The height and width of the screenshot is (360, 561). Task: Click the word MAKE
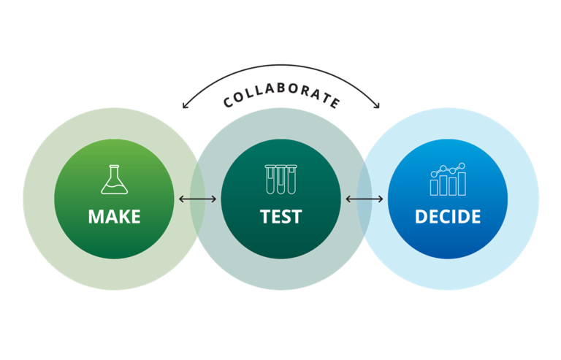click(x=114, y=217)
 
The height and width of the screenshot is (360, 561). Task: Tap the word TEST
click(x=280, y=217)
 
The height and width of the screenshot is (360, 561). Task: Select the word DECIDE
click(x=448, y=217)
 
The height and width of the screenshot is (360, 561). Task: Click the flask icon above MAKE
click(x=114, y=180)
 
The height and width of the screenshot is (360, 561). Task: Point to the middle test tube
click(x=280, y=180)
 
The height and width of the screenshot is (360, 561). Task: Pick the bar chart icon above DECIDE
click(x=448, y=180)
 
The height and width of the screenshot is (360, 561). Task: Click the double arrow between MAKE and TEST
click(x=197, y=199)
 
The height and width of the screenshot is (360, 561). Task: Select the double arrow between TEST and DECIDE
click(x=365, y=199)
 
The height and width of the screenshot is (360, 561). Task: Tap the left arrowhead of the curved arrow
click(x=185, y=104)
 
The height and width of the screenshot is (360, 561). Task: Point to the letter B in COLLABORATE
click(x=281, y=88)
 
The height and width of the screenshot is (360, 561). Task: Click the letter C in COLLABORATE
click(x=228, y=103)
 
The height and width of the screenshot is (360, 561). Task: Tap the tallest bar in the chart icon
click(x=462, y=184)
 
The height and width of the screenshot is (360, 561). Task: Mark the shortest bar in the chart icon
click(x=434, y=188)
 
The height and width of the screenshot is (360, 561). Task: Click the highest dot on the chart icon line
click(x=462, y=166)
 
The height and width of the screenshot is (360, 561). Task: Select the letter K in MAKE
click(x=121, y=217)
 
